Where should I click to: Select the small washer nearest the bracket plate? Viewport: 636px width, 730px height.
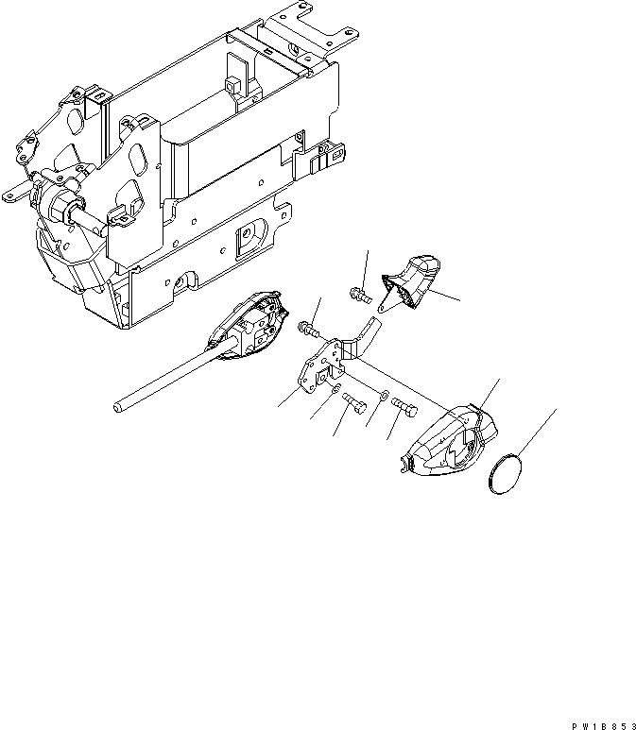coord(335,389)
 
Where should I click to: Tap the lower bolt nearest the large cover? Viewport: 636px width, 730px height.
coord(405,409)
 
